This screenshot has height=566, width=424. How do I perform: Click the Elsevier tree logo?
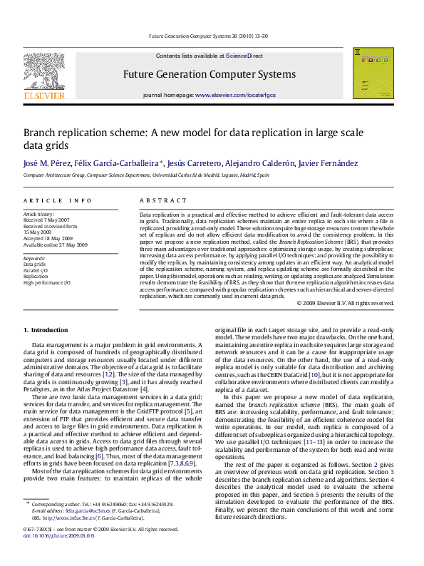[x=44, y=72]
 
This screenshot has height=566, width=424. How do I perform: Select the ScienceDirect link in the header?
[x=244, y=56]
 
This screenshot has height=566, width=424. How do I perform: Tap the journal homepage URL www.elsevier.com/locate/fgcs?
[x=235, y=95]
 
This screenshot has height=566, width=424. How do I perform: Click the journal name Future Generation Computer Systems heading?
[x=210, y=74]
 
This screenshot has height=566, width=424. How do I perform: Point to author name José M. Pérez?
[x=47, y=164]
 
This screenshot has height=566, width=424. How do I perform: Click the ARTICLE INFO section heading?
[x=58, y=201]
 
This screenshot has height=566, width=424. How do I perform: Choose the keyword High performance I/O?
[x=47, y=283]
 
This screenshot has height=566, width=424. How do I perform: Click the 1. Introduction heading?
[x=46, y=329]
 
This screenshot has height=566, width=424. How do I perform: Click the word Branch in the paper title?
[x=42, y=133]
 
